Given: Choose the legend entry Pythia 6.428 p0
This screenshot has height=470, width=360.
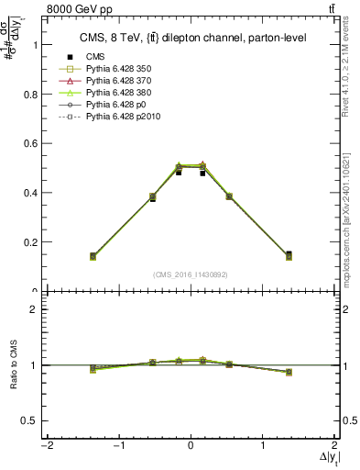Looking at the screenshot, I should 114,106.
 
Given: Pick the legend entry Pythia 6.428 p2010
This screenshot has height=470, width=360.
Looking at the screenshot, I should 121,117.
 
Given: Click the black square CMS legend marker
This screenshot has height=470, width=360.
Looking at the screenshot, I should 65,58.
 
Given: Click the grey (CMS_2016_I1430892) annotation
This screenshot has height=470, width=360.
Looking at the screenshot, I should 191,274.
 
